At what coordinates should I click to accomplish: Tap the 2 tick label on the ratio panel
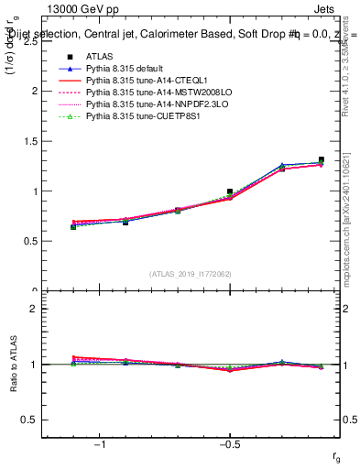pos(33,309)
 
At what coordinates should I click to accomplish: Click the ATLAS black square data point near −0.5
pos(230,191)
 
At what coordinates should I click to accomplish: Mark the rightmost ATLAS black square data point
pos(321,159)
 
